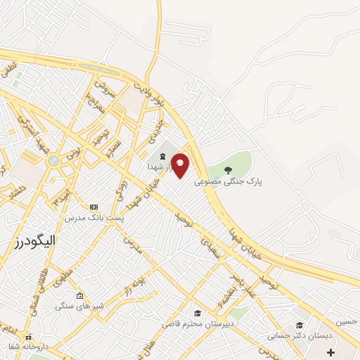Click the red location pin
[x=180, y=165]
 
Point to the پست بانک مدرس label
[x=94, y=218]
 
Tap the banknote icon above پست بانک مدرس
[x=94, y=207]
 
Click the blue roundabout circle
[x=53, y=161]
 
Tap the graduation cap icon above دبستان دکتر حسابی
[x=300, y=325]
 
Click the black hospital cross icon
[x=330, y=351]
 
